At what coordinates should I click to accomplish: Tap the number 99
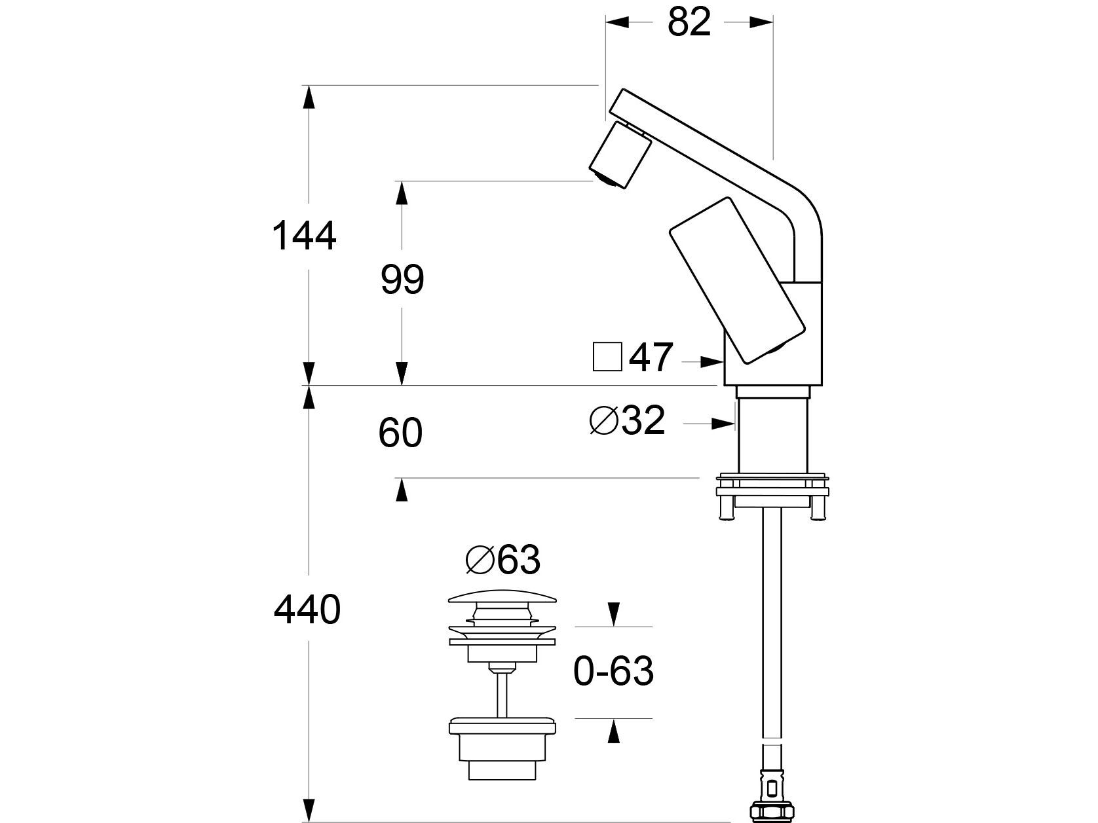tap(402, 280)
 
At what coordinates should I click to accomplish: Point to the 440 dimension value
tap(307, 610)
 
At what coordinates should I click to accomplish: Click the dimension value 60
tap(400, 433)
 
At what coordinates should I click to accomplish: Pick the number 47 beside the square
tap(651, 357)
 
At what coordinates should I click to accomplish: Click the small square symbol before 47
tap(607, 357)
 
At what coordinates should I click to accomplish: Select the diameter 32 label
tap(628, 420)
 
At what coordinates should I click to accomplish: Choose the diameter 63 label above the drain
tap(502, 560)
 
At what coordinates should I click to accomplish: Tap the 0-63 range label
tap(613, 671)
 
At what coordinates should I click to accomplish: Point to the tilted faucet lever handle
tap(736, 279)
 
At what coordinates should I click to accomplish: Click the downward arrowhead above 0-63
tap(613, 615)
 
